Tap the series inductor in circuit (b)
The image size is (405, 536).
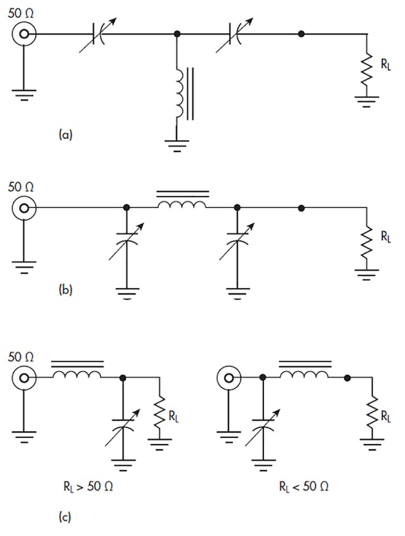click(182, 205)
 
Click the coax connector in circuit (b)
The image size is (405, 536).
click(24, 207)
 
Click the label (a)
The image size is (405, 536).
click(65, 134)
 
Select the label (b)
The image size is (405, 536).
click(65, 291)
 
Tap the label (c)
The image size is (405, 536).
click(65, 517)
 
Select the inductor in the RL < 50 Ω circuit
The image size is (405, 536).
click(304, 375)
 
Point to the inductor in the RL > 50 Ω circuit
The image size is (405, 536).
click(77, 375)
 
